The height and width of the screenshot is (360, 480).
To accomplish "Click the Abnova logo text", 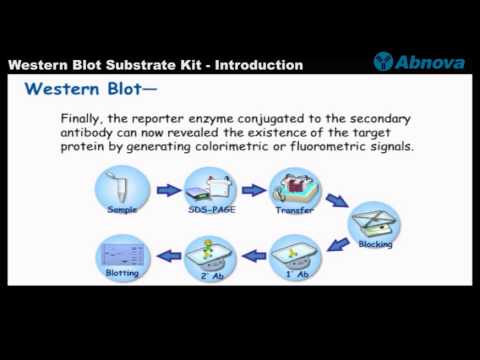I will tap(430, 62).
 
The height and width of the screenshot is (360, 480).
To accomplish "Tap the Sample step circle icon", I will tap(123, 191).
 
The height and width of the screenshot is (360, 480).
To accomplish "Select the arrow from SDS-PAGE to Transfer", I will tap(253, 189).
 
